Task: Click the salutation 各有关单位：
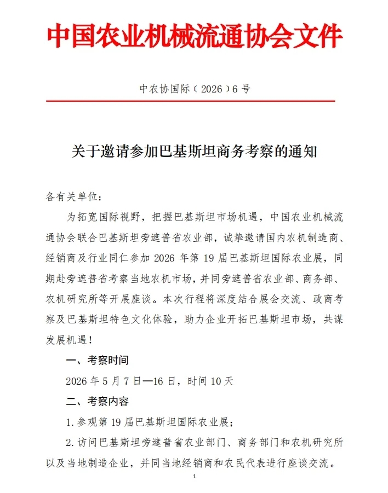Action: [x=73, y=196]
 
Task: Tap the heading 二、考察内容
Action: [x=98, y=401]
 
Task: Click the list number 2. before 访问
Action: [x=70, y=442]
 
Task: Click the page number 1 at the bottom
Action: [x=195, y=477]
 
